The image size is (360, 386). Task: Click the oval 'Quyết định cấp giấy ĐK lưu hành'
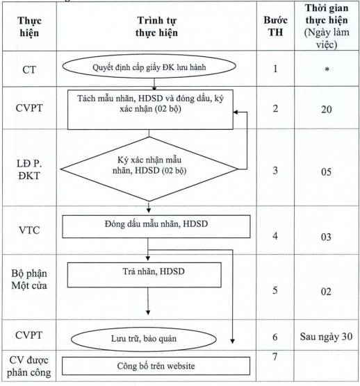[x=149, y=67]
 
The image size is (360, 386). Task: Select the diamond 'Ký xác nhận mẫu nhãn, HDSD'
[x=149, y=169]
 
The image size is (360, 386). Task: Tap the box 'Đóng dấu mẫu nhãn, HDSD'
[x=156, y=226]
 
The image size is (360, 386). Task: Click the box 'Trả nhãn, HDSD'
[x=145, y=275]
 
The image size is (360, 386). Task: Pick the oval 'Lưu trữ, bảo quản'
[x=144, y=339]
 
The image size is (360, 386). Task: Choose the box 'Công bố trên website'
[x=156, y=366]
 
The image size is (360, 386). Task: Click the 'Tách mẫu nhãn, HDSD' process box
[x=150, y=110]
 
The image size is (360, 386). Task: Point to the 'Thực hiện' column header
[x=29, y=26]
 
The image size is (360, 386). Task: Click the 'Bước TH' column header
[x=275, y=26]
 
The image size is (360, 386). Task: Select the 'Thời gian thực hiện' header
[x=327, y=26]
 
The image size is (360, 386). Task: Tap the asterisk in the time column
[x=327, y=69]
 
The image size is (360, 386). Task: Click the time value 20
[x=327, y=109]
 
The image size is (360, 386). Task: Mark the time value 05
[x=326, y=172]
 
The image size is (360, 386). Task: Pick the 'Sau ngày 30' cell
[x=326, y=337]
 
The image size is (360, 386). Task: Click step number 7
[x=275, y=356]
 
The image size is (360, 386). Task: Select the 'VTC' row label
[x=29, y=230]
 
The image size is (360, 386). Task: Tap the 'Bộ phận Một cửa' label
[x=29, y=279]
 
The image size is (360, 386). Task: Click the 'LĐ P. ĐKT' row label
[x=29, y=169]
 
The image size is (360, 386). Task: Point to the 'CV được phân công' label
[x=28, y=367]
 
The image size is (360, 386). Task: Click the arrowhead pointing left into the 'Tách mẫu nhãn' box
[x=236, y=112]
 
